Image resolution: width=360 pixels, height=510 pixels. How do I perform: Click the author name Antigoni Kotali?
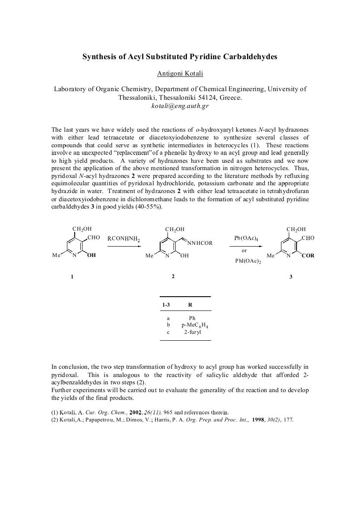coord(180,73)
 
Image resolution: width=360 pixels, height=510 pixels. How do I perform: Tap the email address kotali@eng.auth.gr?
coord(180,106)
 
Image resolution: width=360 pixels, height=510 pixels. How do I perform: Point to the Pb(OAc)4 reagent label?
coord(244,238)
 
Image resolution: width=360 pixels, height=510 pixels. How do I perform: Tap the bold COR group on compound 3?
coord(308,256)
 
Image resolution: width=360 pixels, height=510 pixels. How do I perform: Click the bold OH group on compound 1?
coord(91,256)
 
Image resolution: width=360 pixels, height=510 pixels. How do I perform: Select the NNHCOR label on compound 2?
coord(200,243)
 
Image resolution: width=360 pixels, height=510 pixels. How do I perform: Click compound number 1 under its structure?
coord(72,277)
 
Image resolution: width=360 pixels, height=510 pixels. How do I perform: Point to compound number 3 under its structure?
coord(291,277)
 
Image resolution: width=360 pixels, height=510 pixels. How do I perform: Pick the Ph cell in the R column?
coord(192,318)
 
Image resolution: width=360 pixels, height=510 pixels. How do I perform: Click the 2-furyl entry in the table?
coord(192,332)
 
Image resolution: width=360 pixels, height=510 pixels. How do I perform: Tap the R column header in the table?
coord(190,305)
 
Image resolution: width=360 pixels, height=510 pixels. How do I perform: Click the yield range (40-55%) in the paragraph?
coord(148,207)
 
